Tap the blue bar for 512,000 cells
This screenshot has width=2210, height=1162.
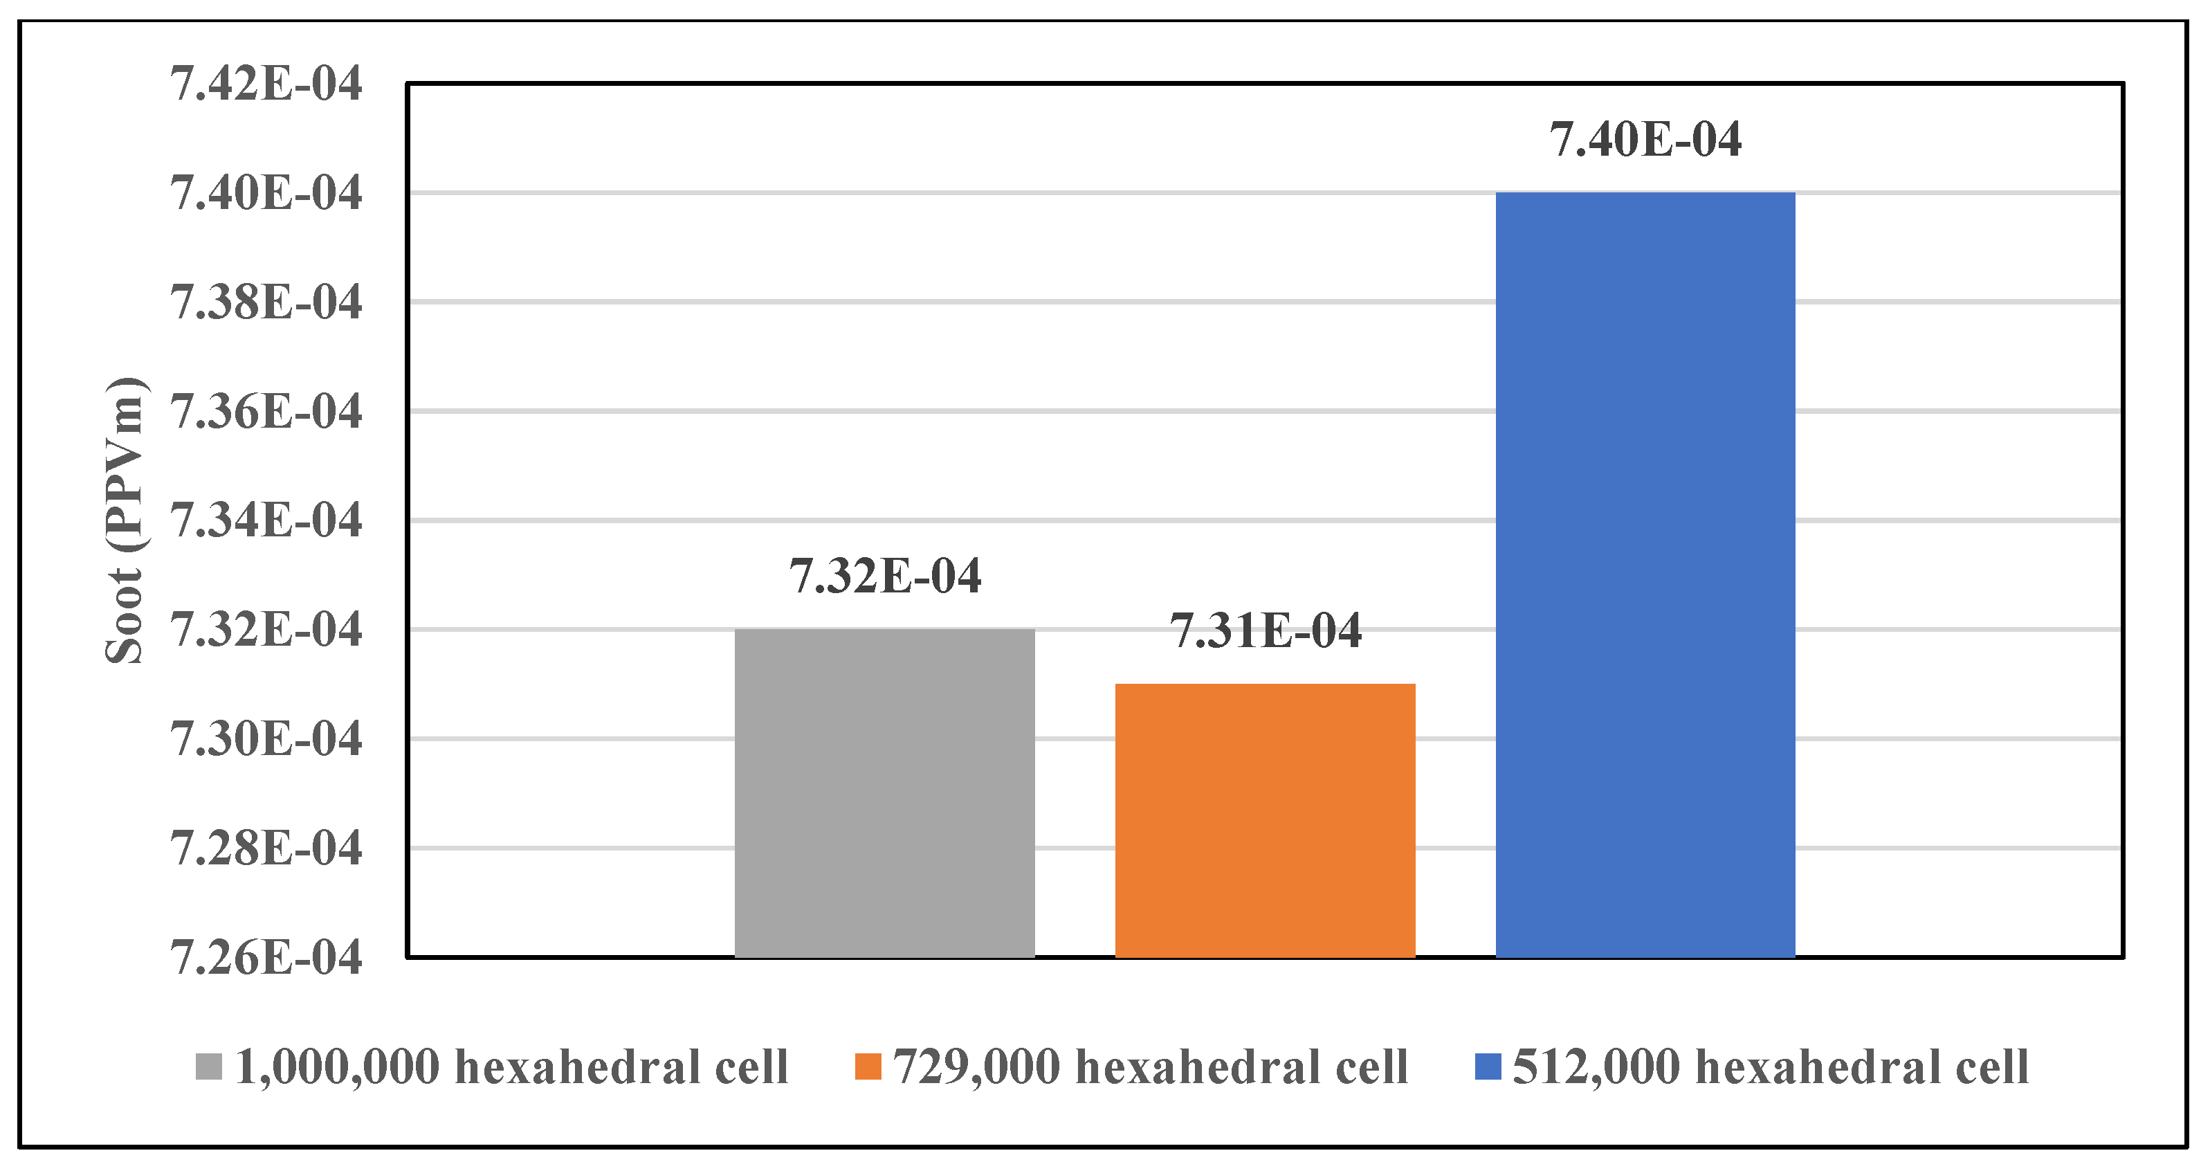pos(1645,574)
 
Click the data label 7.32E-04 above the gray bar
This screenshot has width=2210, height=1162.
pos(884,576)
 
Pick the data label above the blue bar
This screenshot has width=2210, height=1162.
pos(1645,139)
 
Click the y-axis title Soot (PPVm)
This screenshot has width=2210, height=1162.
pos(125,520)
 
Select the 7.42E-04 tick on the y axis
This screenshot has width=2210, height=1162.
pos(266,84)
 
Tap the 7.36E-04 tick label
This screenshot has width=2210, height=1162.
pos(266,411)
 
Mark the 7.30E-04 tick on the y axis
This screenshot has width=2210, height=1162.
pos(266,739)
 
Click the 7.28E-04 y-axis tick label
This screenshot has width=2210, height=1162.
pos(266,848)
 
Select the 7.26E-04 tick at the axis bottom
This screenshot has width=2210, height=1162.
pos(266,957)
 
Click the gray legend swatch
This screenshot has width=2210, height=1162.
pos(208,1066)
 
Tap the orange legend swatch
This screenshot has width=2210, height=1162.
pos(868,1066)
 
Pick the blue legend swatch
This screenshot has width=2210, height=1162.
pos(1488,1066)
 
